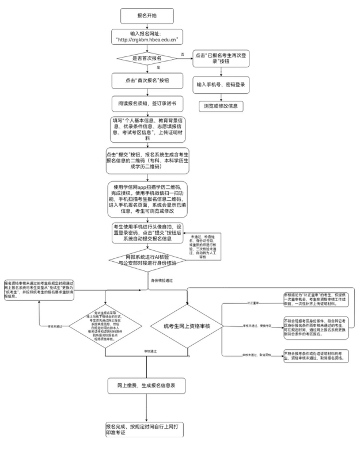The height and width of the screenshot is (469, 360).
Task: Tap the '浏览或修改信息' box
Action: pyautogui.click(x=221, y=106)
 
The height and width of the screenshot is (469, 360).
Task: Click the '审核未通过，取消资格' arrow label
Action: pyautogui.click(x=252, y=356)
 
